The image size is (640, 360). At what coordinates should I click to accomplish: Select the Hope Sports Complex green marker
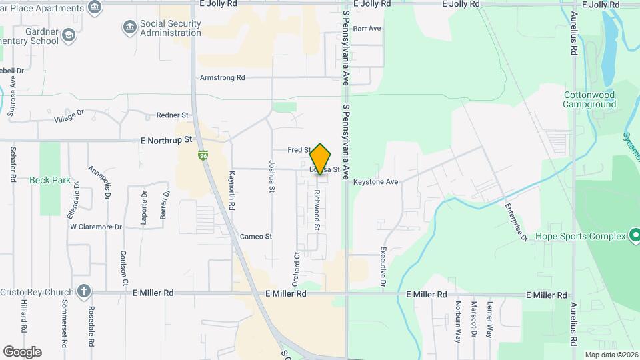coord(635,236)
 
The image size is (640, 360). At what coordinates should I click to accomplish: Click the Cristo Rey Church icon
coord(83,291)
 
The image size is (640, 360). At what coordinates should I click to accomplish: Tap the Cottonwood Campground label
coord(589,99)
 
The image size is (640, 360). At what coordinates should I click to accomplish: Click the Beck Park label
coord(50,180)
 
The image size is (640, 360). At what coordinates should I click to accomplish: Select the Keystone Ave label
coord(375,181)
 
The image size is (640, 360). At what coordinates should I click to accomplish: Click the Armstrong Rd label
coord(222,78)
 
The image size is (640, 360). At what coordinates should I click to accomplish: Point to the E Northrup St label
coord(166,141)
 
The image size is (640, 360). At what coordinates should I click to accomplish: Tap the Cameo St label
coord(256,236)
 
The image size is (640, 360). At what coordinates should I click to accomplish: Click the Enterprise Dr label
coord(515,222)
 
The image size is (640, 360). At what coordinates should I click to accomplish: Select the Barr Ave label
coord(367,29)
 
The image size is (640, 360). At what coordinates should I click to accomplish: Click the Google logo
coord(22,351)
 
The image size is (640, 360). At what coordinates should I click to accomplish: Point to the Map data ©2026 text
coord(610,355)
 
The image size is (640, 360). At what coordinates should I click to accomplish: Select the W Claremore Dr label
coord(96,227)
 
